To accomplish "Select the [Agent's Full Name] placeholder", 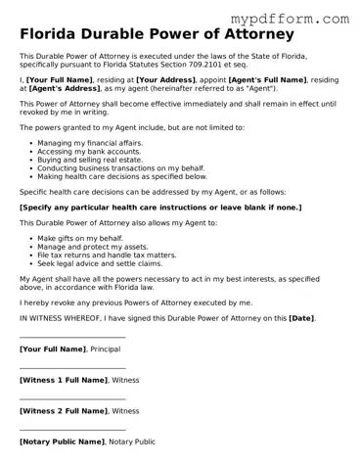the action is (x=268, y=78).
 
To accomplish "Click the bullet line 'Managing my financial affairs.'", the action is (x=89, y=143).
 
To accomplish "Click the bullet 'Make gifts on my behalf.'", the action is (x=80, y=238).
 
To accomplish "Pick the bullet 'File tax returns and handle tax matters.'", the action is (x=106, y=255).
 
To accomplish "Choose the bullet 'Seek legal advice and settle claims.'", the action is (x=99, y=263).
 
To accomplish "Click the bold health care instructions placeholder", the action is (x=160, y=208).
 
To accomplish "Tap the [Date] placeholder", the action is (x=301, y=318).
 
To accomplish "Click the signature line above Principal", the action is (x=72, y=338).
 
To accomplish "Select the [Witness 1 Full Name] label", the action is (x=64, y=380).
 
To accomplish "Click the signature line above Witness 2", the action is (x=72, y=399).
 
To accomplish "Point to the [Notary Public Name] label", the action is (x=62, y=442).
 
